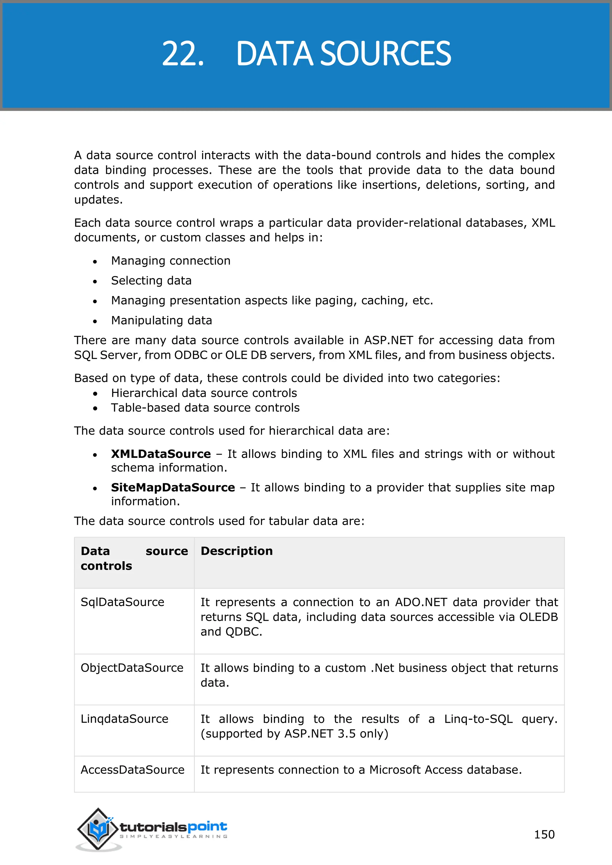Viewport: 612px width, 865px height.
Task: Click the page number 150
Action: tap(544, 834)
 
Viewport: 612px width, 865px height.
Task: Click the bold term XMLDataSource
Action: tap(160, 454)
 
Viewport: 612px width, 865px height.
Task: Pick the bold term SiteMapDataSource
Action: tap(173, 487)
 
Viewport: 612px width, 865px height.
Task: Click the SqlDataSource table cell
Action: tap(123, 602)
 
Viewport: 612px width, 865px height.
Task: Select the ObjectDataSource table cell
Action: tap(132, 668)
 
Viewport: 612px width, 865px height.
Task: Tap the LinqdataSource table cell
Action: tap(124, 719)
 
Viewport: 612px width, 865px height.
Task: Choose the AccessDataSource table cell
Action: tap(132, 770)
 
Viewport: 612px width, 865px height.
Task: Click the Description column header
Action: tap(236, 551)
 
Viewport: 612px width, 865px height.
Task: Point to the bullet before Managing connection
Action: tap(95, 261)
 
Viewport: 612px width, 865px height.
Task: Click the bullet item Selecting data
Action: tap(151, 281)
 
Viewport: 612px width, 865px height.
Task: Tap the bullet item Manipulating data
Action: tap(161, 320)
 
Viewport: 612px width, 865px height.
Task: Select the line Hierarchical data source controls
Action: tap(204, 393)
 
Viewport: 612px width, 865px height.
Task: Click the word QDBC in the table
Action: tap(243, 632)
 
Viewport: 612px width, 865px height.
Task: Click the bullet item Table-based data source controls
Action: tap(205, 408)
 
